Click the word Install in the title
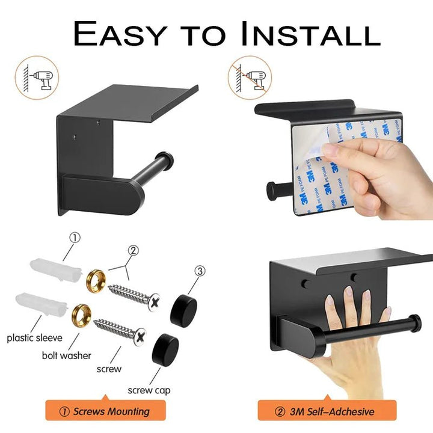click(310, 34)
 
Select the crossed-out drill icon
click(250, 78)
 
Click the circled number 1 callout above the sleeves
click(75, 238)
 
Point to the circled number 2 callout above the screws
click(133, 250)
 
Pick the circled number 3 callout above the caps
click(200, 271)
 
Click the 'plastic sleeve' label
click(34, 338)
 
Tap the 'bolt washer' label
click(67, 355)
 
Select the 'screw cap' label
click(149, 390)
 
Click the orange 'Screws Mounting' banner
click(105, 411)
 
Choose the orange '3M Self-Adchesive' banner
click(327, 411)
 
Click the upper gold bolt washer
click(96, 281)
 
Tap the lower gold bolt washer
click(81, 315)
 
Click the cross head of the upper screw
click(155, 302)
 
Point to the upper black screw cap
click(183, 310)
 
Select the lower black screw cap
click(165, 350)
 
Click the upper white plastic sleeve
click(56, 269)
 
